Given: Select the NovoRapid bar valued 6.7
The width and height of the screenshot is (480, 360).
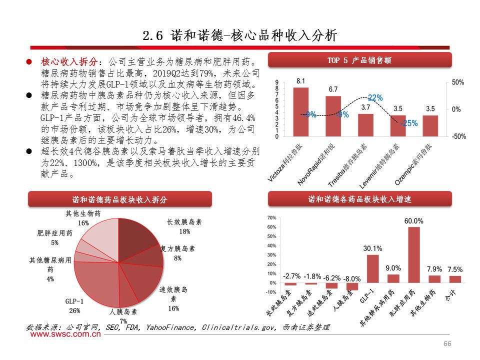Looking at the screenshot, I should click(x=333, y=116).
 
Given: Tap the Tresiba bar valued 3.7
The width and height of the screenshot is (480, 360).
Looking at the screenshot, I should click(x=365, y=125).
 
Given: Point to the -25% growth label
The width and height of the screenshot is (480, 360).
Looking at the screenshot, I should click(x=409, y=123).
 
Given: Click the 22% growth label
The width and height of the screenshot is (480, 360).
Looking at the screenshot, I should click(x=375, y=98).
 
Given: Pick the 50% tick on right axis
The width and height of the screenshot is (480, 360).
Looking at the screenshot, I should click(x=458, y=82).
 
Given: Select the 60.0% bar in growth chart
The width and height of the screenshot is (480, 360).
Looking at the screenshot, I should click(x=414, y=255).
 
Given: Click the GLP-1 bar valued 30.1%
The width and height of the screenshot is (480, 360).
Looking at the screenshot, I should click(x=373, y=269).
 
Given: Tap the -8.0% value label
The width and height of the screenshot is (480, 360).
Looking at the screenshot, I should click(x=352, y=278).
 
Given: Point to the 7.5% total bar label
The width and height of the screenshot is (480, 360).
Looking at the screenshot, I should click(x=455, y=269).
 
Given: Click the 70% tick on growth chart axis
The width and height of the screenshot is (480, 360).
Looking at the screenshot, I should click(x=272, y=218).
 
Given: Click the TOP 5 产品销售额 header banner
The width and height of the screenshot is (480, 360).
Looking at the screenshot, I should click(x=359, y=60).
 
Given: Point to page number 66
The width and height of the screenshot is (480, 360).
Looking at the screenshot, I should click(x=447, y=343).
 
